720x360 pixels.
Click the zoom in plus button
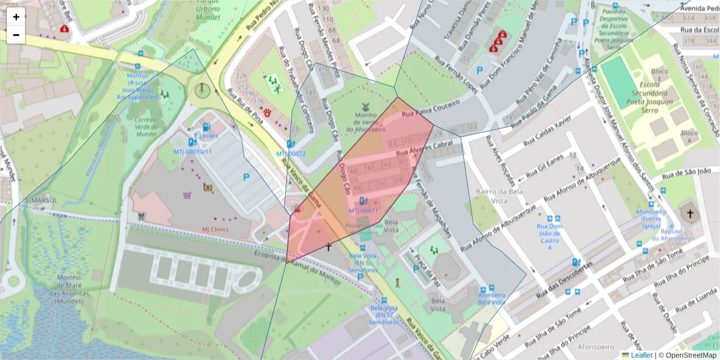16,17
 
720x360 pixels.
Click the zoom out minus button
16,35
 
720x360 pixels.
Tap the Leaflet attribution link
641,355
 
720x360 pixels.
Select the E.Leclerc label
206,136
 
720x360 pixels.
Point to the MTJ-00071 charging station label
363,211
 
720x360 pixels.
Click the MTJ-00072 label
291,154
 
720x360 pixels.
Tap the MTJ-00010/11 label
193,152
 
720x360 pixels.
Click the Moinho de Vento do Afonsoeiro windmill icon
365,106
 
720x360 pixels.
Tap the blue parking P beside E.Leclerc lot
246,177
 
